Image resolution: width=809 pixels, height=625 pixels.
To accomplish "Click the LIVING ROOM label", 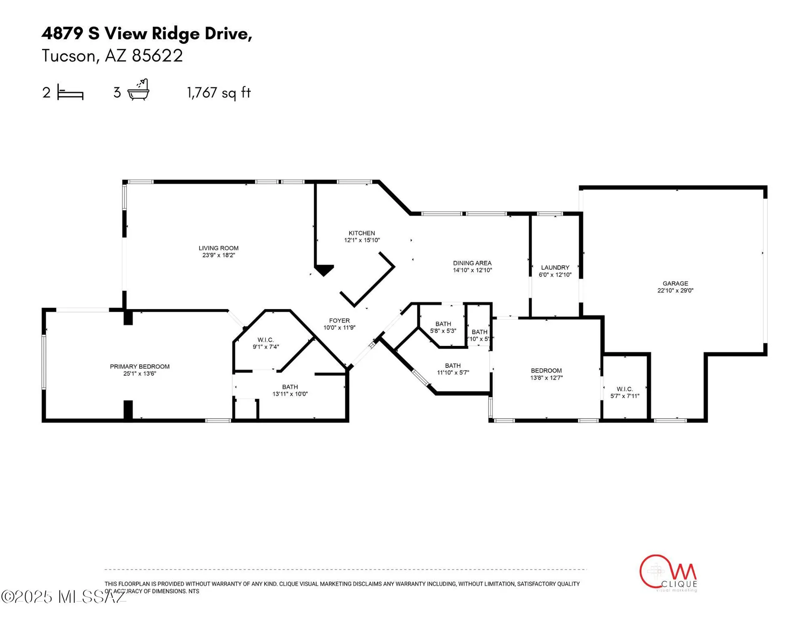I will [218, 248].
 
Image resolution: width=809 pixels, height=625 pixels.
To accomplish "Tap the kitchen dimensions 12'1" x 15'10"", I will [362, 240].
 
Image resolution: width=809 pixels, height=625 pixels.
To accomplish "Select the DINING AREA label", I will [472, 263].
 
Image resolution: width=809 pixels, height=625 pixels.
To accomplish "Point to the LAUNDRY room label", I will [555, 268].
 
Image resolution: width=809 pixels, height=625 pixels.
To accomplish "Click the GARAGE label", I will [675, 284].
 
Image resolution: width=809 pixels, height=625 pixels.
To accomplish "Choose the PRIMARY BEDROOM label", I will [140, 367].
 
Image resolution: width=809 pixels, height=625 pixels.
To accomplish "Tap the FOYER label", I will [339, 321].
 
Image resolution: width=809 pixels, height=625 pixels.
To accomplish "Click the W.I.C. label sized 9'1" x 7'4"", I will [265, 340].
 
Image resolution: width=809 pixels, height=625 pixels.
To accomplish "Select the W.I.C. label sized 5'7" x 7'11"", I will [624, 389].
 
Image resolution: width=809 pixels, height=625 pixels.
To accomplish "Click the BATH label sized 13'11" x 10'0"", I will [290, 387].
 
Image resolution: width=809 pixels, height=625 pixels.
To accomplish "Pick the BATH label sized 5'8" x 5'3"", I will [443, 324].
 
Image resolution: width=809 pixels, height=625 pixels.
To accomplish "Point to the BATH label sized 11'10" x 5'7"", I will [452, 366].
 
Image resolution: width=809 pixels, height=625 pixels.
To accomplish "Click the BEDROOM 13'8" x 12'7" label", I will [546, 371].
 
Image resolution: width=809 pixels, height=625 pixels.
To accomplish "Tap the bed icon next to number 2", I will [70, 92].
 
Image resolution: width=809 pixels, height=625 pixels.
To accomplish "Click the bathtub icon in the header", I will [138, 90].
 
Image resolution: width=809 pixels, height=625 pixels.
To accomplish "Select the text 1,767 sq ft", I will [219, 92].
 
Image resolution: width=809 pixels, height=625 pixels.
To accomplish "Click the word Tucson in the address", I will [69, 56].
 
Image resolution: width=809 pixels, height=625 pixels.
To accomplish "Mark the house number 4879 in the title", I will [62, 33].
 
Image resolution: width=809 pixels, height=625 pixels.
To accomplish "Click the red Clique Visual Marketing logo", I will [668, 573].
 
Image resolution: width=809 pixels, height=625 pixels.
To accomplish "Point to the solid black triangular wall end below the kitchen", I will [324, 270].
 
